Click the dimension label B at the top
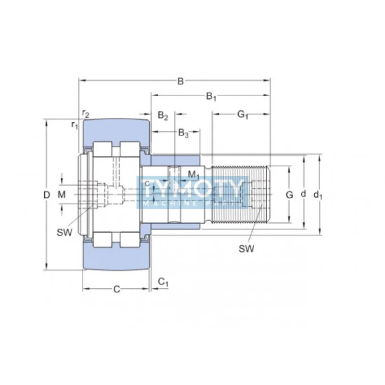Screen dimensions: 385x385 (180, 81)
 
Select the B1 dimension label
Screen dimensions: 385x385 (211, 97)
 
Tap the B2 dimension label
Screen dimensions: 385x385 (163, 115)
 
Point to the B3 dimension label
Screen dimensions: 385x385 (183, 133)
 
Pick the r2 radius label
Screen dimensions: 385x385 (86, 114)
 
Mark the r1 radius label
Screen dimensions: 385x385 (75, 125)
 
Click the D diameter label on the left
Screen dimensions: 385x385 (46, 195)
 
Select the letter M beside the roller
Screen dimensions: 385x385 (61, 194)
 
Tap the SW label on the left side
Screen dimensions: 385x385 (64, 232)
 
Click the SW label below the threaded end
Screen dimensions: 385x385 (246, 248)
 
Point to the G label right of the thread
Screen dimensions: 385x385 (289, 195)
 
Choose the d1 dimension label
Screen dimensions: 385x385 (318, 195)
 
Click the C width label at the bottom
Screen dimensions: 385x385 (116, 289)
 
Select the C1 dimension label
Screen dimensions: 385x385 (164, 282)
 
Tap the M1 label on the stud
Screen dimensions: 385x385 (193, 174)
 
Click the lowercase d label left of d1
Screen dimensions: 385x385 (303, 194)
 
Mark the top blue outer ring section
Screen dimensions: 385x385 (115, 130)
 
